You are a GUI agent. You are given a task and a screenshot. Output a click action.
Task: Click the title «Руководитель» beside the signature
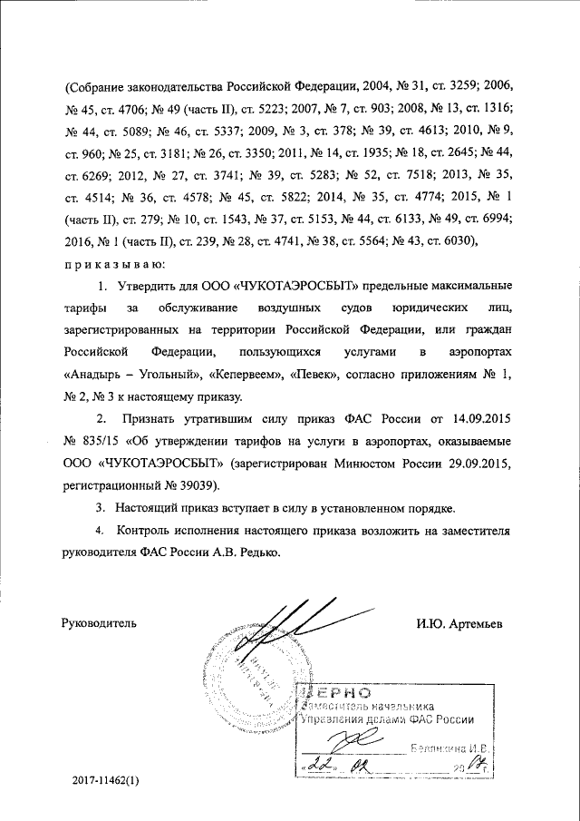point(100,623)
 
